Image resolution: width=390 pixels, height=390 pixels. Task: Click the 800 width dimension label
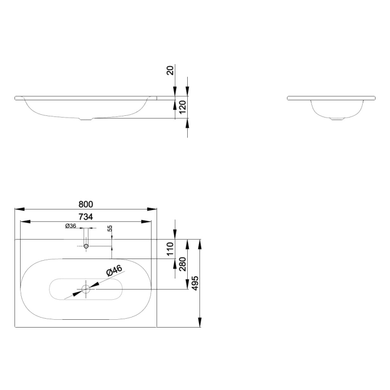click(x=86, y=204)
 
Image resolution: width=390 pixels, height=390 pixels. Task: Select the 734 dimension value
click(x=86, y=217)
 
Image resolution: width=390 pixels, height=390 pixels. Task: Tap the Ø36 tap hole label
click(x=71, y=226)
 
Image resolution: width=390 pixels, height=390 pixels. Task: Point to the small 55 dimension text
click(x=110, y=228)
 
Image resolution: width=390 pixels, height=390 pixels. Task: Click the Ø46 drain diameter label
click(x=114, y=271)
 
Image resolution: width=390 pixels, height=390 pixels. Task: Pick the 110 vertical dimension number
click(x=170, y=248)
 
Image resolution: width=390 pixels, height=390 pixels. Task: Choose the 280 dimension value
click(x=182, y=264)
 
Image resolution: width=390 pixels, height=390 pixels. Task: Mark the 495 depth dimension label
click(x=195, y=283)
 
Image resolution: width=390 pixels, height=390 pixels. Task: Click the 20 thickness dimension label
click(x=170, y=70)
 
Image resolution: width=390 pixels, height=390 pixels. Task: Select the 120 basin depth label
click(x=182, y=107)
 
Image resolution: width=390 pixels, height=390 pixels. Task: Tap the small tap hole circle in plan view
click(x=86, y=246)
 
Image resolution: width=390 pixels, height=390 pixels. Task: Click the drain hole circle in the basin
click(x=86, y=289)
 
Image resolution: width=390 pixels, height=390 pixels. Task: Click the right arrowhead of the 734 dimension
click(x=146, y=222)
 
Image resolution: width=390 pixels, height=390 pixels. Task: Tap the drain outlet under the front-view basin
click(x=86, y=119)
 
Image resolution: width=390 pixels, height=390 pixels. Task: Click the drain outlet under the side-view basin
click(x=337, y=119)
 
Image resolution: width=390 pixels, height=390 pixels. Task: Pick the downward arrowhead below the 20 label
click(x=175, y=91)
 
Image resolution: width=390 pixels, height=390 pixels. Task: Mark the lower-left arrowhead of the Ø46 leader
click(x=77, y=294)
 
